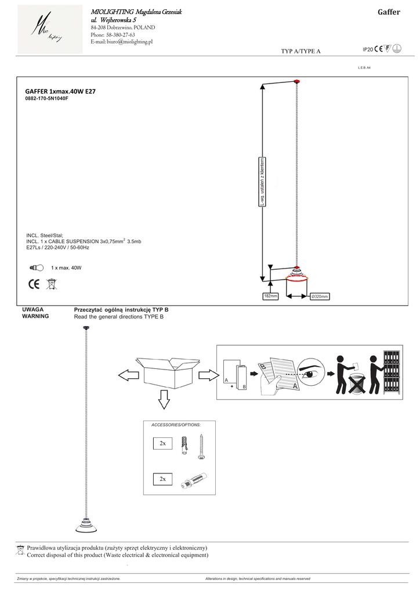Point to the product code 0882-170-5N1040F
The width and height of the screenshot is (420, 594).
pyautogui.click(x=47, y=99)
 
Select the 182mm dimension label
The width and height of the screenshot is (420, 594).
pyautogui.click(x=270, y=296)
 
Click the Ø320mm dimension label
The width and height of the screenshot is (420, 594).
pyautogui.click(x=320, y=296)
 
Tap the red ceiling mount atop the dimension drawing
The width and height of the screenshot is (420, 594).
pyautogui.click(x=296, y=80)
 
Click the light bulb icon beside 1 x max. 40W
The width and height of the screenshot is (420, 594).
pyautogui.click(x=36, y=268)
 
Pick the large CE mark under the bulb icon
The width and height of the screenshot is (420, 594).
pyautogui.click(x=33, y=284)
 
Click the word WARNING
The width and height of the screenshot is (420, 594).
pyautogui.click(x=35, y=317)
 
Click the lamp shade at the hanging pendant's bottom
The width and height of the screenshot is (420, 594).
pyautogui.click(x=85, y=526)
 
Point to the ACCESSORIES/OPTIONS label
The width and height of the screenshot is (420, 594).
pyautogui.click(x=176, y=425)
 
